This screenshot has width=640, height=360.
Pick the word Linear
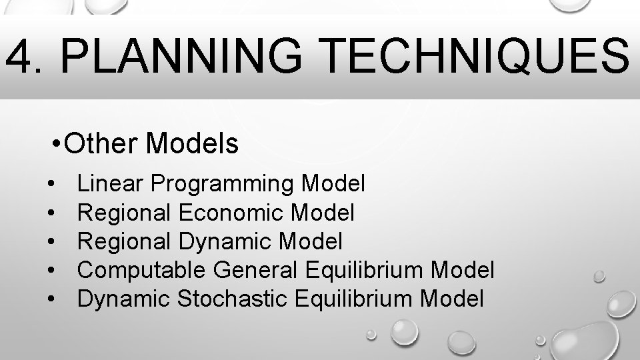click(x=111, y=183)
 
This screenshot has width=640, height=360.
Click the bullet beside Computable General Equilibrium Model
click(x=51, y=271)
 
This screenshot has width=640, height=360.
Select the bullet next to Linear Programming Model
click(x=51, y=183)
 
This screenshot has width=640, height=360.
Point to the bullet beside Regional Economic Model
click(x=51, y=213)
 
